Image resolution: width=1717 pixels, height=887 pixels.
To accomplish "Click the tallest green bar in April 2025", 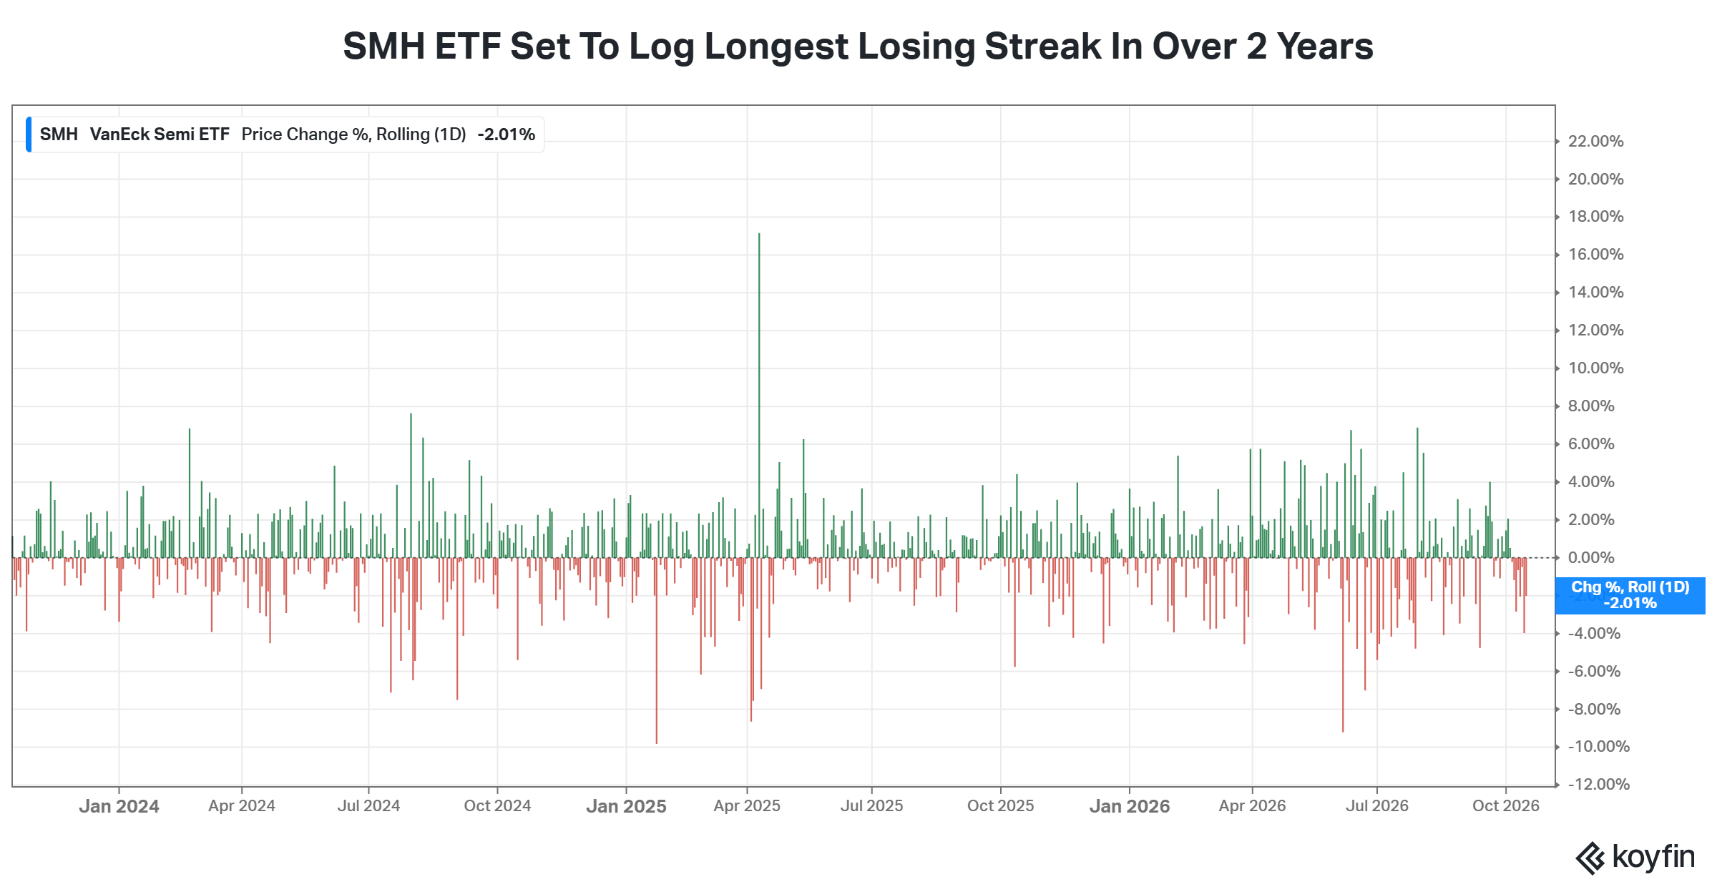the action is pos(759,395).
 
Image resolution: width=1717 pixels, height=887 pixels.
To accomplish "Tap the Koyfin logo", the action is pos(1635,858).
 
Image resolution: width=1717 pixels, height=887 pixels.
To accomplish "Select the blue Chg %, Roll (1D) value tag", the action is pos(1630,595).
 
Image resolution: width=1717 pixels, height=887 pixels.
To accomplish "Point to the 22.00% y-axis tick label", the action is pos(1595,142).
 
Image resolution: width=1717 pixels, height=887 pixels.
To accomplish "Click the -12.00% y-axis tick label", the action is pos(1598,784).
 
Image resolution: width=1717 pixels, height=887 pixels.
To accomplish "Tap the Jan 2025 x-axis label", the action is pos(626,806).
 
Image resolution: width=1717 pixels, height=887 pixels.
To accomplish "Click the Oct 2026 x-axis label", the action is pos(1505,806).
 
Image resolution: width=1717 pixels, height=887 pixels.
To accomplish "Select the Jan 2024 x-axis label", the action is pos(119,806).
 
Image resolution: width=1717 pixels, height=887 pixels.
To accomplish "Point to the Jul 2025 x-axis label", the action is pos(871,806).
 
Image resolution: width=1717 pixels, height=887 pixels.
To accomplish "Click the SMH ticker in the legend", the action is pos(59,134).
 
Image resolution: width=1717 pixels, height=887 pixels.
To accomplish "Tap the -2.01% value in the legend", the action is pos(506,134).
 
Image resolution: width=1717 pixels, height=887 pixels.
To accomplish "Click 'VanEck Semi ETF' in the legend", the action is pos(160,134).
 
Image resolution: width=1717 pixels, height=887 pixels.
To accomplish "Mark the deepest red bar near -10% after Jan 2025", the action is pos(656,650).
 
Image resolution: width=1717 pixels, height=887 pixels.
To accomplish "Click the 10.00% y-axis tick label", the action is pos(1595,368).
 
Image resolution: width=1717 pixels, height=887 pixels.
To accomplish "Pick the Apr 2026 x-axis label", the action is pos(1252,806).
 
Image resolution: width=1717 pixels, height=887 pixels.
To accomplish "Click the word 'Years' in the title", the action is pos(1325,46).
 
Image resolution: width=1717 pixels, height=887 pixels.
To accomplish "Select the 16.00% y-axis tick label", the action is pos(1595,255).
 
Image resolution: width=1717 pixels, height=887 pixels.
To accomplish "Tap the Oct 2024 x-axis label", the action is pos(497,806).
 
